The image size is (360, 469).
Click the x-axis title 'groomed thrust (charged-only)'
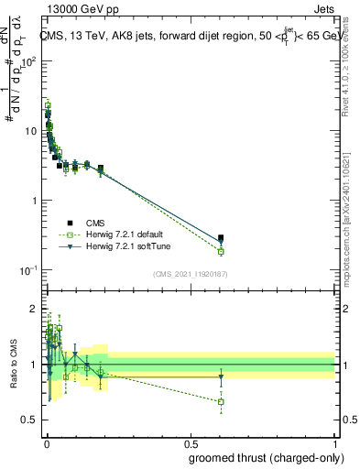(263, 458)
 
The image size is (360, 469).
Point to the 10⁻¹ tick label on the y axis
(28, 270)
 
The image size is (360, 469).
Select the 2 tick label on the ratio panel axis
(34, 307)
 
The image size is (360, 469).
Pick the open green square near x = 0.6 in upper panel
(221, 251)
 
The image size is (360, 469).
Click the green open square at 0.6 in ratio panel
(221, 401)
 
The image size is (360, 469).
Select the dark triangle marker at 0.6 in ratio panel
(221, 376)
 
